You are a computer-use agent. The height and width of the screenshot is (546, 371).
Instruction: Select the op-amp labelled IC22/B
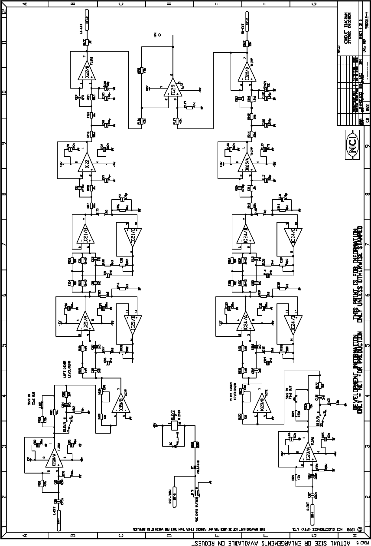click(85, 69)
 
